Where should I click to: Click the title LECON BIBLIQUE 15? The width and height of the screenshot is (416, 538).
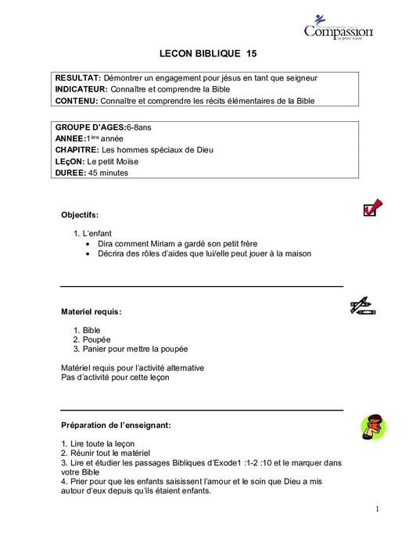click(x=207, y=54)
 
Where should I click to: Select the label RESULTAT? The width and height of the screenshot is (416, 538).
click(x=77, y=78)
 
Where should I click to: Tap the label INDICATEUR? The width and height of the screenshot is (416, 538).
click(x=81, y=89)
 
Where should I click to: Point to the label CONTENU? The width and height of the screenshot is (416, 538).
click(x=76, y=101)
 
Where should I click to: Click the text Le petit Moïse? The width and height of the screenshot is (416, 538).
click(x=113, y=161)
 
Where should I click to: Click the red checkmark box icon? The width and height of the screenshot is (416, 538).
click(x=372, y=207)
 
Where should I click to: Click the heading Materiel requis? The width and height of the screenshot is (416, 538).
click(x=91, y=311)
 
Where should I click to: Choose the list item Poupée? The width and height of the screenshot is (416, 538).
click(x=96, y=339)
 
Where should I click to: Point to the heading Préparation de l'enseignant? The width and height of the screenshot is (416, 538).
click(x=116, y=425)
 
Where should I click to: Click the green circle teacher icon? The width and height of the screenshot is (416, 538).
click(x=373, y=426)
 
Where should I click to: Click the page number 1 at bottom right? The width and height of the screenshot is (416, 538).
click(x=377, y=510)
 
